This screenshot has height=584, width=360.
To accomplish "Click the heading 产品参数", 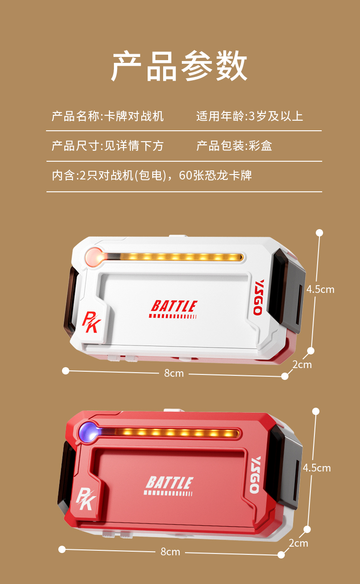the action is [179, 66].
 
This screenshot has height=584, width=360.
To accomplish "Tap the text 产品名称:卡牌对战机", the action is [108, 116].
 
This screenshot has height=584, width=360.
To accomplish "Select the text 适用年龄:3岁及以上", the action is [250, 116].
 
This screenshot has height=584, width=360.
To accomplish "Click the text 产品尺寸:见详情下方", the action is [108, 146].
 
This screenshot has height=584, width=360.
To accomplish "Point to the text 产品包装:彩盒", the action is [234, 146].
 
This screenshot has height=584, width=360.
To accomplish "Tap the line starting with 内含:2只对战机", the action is [152, 175].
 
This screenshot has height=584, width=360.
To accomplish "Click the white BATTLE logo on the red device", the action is [170, 486].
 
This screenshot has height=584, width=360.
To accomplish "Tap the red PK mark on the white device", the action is [91, 322].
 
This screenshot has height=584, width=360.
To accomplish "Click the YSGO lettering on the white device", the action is [258, 297].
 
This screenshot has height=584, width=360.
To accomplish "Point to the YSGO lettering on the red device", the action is [255, 475].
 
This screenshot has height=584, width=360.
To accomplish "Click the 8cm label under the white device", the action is [174, 374].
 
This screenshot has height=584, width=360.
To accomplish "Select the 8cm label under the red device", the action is [170, 552].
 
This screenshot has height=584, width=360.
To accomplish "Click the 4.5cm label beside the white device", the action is [320, 289].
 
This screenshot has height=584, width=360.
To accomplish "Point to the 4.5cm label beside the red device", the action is [317, 468].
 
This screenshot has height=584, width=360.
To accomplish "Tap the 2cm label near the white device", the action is [302, 364].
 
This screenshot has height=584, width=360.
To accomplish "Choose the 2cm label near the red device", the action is [298, 543].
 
